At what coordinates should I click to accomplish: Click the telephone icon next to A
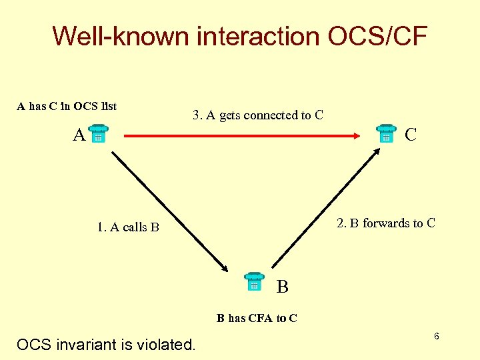(98, 134)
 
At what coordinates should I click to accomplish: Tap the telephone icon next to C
(385, 134)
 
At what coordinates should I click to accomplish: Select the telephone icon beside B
(254, 282)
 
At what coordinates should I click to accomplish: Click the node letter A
(79, 136)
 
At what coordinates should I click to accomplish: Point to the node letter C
(411, 135)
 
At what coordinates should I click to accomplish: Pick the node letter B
(282, 287)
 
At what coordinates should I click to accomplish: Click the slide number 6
(436, 336)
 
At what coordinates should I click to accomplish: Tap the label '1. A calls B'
(128, 227)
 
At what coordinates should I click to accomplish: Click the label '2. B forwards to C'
(385, 223)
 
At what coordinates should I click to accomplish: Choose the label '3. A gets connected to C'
(258, 115)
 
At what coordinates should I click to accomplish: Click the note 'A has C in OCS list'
(67, 105)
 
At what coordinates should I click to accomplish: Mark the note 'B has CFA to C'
(257, 318)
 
